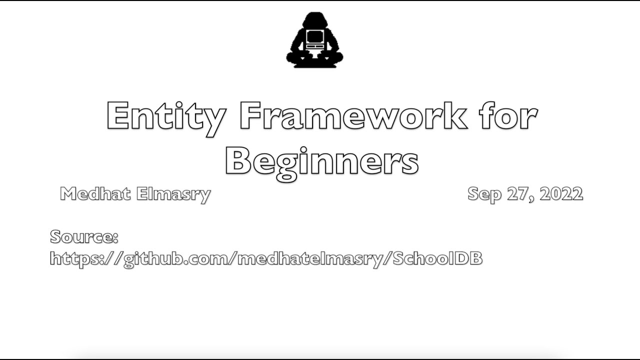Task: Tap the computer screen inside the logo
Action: coord(313,37)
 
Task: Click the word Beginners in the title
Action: coord(321,161)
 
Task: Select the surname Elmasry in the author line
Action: coord(172,194)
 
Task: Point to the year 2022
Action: coord(561,193)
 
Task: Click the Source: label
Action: coord(84,236)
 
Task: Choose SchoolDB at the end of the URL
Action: coord(437,258)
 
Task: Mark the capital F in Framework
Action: coord(251,116)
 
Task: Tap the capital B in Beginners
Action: coord(238,161)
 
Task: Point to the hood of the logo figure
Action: coord(313,21)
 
